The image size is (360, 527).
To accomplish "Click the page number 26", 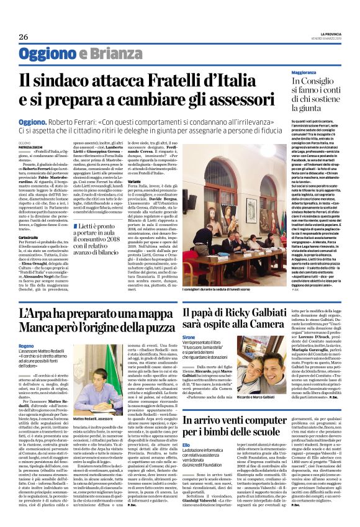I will pyautogui.click(x=24, y=36).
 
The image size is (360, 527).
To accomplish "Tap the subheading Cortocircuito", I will pyautogui.click(x=29, y=238).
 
